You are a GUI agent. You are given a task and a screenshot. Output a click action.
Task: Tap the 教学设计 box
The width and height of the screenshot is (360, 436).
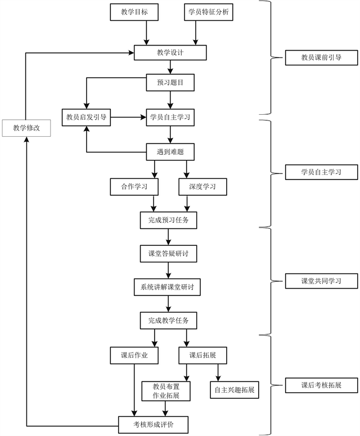[x=170, y=53]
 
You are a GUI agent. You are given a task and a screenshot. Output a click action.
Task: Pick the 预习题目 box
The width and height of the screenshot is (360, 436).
[x=170, y=83]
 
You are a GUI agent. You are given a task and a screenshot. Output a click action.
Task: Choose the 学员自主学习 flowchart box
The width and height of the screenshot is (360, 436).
[x=170, y=118]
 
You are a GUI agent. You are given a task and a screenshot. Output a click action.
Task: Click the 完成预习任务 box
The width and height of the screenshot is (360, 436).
[x=169, y=220]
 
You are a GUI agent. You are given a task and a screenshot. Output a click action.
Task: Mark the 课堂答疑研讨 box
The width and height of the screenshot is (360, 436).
[x=169, y=254]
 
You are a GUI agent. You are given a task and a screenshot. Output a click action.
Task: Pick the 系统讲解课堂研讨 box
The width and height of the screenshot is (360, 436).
[x=167, y=287]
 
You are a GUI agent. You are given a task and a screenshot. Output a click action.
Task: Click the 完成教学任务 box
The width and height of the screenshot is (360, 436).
[x=169, y=321]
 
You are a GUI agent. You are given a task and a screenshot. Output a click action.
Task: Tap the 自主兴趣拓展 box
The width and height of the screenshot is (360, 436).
[x=235, y=389]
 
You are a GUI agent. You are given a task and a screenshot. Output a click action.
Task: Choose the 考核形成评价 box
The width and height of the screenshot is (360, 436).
[x=153, y=424]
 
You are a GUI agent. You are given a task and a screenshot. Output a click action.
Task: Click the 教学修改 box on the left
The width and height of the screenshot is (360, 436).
[x=26, y=128]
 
